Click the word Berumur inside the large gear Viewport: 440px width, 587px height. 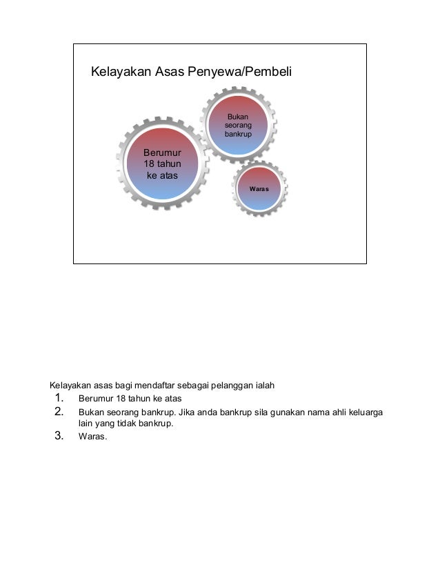coord(162,152)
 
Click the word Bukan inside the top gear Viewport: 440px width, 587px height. coord(238,117)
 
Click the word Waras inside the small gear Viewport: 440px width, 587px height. coord(259,188)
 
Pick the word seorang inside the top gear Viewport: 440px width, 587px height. coord(238,126)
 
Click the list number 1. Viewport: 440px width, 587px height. coord(59,398)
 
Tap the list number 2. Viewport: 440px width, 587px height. coord(59,412)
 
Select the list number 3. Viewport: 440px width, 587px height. coord(59,435)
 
